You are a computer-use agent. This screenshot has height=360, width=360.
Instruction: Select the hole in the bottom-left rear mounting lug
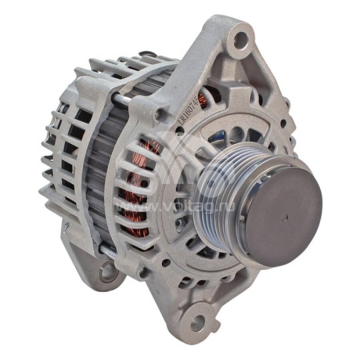107,269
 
